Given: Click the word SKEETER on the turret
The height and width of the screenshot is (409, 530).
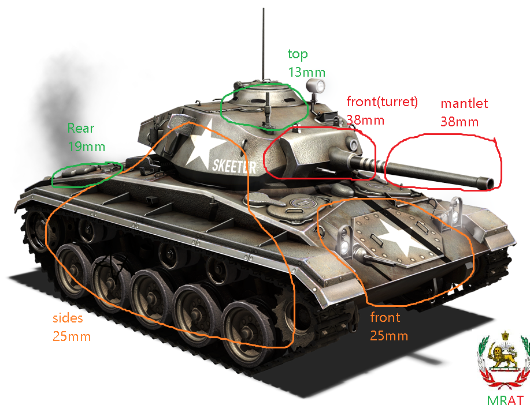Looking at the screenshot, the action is coord(234,166).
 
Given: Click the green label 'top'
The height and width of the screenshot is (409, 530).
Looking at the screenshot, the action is coord(298,54).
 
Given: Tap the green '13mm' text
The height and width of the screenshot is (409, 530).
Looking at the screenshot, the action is coord(307,72).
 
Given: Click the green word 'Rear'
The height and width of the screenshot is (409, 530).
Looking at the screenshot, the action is coord(81,128).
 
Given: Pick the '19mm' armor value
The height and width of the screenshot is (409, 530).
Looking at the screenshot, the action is coord(87,147).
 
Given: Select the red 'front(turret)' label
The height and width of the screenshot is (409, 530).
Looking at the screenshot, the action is coord(382,102).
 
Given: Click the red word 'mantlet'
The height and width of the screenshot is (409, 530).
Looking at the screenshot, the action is coord(465,103).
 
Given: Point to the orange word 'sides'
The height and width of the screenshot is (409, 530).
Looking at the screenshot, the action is coord(68,318).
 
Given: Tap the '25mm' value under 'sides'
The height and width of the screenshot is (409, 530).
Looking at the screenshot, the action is coord(72,336).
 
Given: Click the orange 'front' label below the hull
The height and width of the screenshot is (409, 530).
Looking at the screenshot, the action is coord(386,317).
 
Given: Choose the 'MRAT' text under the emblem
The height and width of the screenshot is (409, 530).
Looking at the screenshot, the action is coord(505,400).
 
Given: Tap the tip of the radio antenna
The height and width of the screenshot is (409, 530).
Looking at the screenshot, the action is coord(264,9).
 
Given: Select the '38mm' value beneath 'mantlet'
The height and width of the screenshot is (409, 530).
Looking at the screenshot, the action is coord(459,122).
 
